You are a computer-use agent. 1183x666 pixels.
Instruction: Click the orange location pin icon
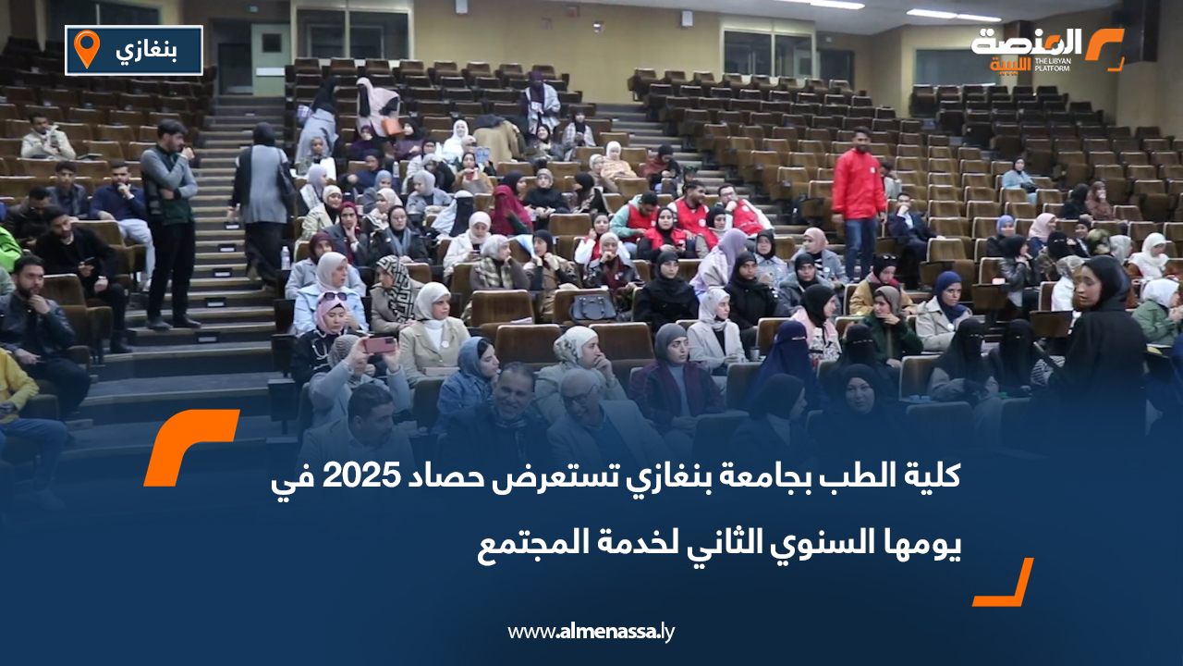[x=86, y=49]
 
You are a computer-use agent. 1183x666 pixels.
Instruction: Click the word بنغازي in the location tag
[x=148, y=49]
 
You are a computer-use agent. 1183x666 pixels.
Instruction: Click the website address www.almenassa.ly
[x=591, y=632]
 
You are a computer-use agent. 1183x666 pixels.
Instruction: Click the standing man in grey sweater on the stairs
[x=169, y=222]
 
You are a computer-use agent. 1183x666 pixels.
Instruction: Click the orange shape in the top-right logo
[x=1104, y=48]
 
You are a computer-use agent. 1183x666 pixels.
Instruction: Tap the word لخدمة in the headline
[x=618, y=545]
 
